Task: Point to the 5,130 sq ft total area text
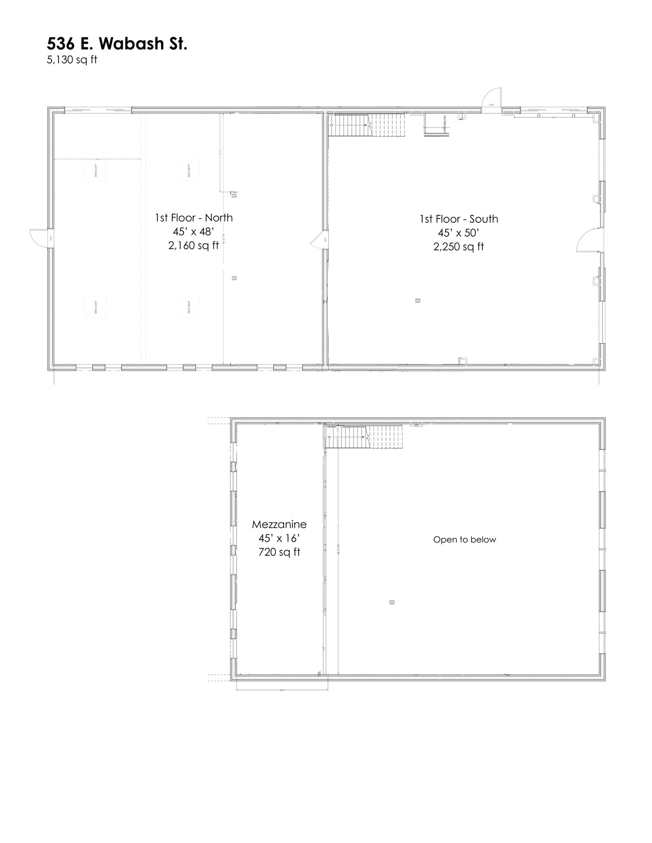(x=72, y=60)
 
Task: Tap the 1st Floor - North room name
(x=194, y=218)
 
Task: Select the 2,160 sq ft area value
(x=194, y=246)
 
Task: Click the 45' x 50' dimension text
(x=458, y=233)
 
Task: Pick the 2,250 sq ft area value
(x=458, y=247)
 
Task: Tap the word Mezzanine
(x=279, y=524)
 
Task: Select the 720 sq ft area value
(x=279, y=552)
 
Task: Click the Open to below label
(x=465, y=540)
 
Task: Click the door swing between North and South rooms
(x=318, y=241)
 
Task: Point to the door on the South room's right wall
(x=589, y=241)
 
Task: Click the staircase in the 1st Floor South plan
(x=367, y=125)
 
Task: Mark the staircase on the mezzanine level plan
(x=365, y=437)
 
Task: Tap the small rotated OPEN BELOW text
(x=445, y=123)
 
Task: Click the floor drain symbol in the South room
(x=418, y=301)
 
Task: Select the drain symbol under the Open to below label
(x=392, y=603)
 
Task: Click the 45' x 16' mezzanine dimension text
(x=279, y=538)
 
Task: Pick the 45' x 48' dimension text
(x=194, y=232)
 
